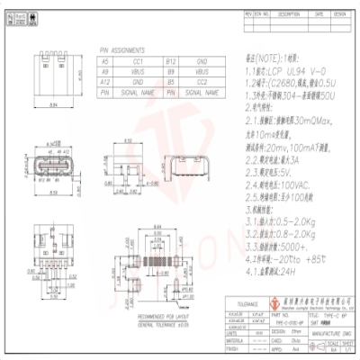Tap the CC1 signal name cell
pyautogui.click(x=138, y=60)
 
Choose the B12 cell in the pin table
pyautogui.click(x=171, y=60)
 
